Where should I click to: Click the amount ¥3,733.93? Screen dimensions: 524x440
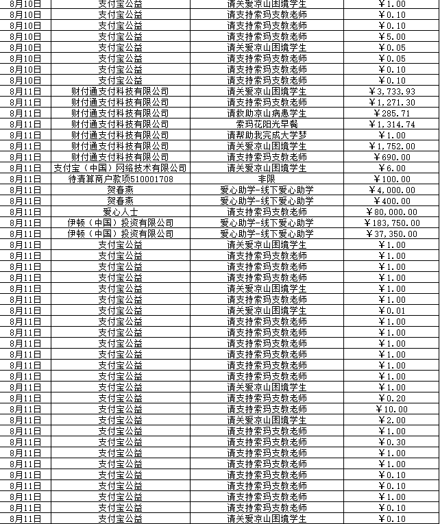pyautogui.click(x=392, y=91)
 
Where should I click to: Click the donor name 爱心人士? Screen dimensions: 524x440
pyautogui.click(x=120, y=212)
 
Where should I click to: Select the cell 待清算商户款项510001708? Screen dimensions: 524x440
pyautogui.click(x=120, y=179)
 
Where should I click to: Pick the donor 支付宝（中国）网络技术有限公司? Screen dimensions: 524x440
pyautogui.click(x=120, y=168)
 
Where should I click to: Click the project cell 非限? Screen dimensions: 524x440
pyautogui.click(x=267, y=179)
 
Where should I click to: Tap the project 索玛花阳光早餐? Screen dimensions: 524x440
pyautogui.click(x=267, y=124)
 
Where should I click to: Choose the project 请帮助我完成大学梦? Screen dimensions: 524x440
pyautogui.click(x=267, y=135)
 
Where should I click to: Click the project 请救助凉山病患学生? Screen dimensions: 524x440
pyautogui.click(x=267, y=113)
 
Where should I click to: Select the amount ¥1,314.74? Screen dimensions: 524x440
pyautogui.click(x=392, y=124)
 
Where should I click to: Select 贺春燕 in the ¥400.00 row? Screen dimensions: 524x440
pyautogui.click(x=120, y=201)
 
